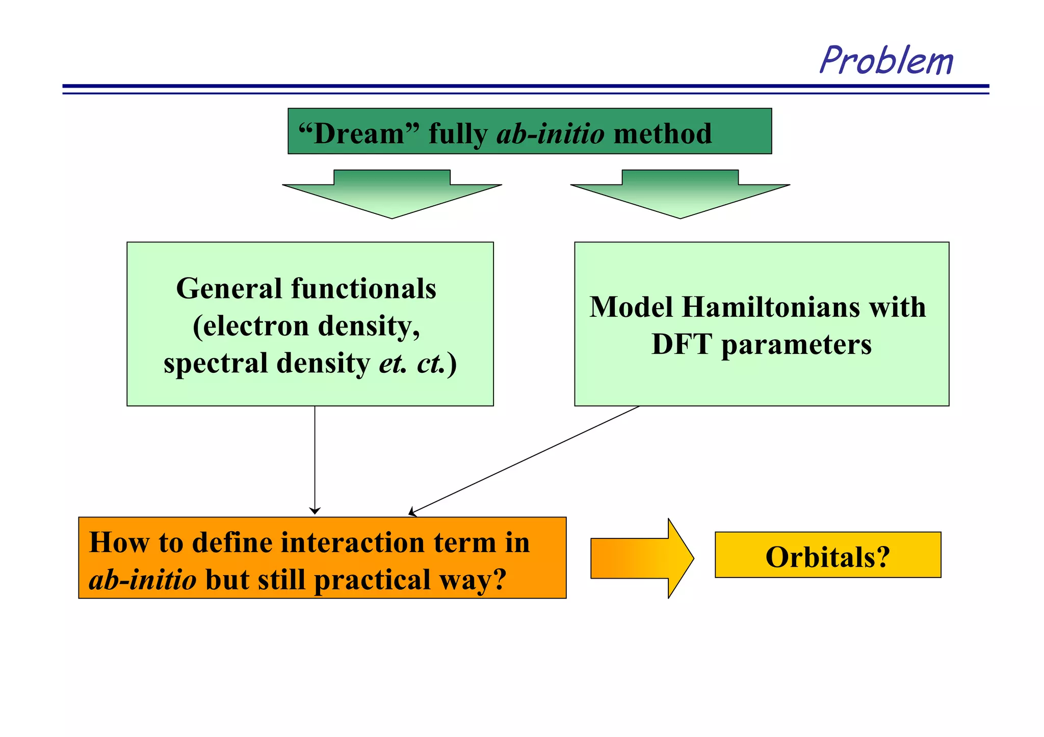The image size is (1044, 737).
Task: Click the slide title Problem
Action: click(x=886, y=61)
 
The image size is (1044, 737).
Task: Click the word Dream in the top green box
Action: click(x=359, y=134)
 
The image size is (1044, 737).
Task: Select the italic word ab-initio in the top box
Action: click(x=551, y=134)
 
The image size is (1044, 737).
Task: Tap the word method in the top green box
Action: click(x=662, y=134)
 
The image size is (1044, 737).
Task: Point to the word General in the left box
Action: click(x=229, y=289)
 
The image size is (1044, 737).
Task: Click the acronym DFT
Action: click(x=682, y=344)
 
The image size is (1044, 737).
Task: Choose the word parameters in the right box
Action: click(x=796, y=345)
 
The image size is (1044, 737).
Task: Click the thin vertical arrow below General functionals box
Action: click(x=315, y=458)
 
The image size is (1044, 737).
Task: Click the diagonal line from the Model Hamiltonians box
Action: click(x=525, y=459)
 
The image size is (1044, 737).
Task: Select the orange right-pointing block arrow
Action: click(x=641, y=558)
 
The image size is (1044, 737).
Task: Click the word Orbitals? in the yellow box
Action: click(x=827, y=557)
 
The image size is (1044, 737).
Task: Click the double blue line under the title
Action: click(x=525, y=89)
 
